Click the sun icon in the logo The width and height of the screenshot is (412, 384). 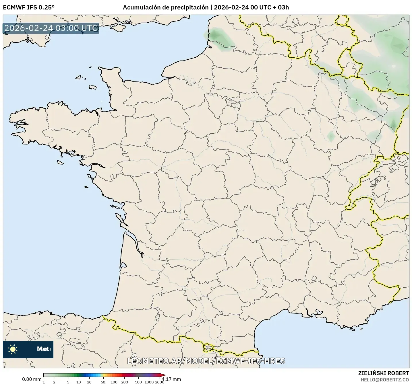(13, 349)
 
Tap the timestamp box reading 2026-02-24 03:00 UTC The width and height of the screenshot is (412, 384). (51, 28)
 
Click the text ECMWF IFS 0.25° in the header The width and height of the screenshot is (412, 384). (29, 7)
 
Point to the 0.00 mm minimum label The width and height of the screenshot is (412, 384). (32, 379)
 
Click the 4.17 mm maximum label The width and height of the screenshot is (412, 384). (171, 379)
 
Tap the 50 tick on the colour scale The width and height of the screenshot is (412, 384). (103, 382)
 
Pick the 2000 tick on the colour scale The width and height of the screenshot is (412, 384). (160, 382)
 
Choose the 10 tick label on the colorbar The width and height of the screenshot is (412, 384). (79, 382)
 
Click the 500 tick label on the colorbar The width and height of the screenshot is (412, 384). (139, 382)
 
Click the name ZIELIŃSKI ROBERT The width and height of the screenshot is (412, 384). (384, 373)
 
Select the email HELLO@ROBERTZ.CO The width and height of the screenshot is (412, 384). (385, 379)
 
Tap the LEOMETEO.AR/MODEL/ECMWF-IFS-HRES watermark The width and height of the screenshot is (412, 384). (206, 361)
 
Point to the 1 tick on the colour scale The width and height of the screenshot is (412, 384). (44, 382)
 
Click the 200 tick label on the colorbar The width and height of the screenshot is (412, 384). (125, 382)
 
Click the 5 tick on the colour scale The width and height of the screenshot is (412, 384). (68, 382)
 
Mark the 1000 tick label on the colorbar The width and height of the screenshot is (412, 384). (149, 382)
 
